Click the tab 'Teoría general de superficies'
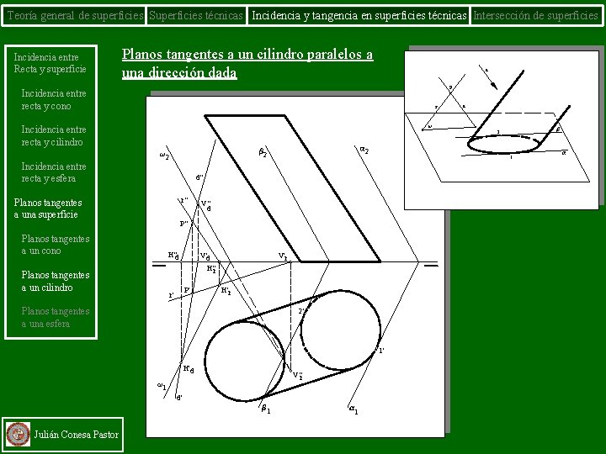tap(74, 14)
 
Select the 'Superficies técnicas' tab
tap(197, 14)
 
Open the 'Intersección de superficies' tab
tap(536, 14)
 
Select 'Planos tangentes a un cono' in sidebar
tap(56, 245)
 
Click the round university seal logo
tap(17, 434)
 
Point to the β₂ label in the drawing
tap(263, 153)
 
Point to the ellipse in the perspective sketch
tap(504, 145)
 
